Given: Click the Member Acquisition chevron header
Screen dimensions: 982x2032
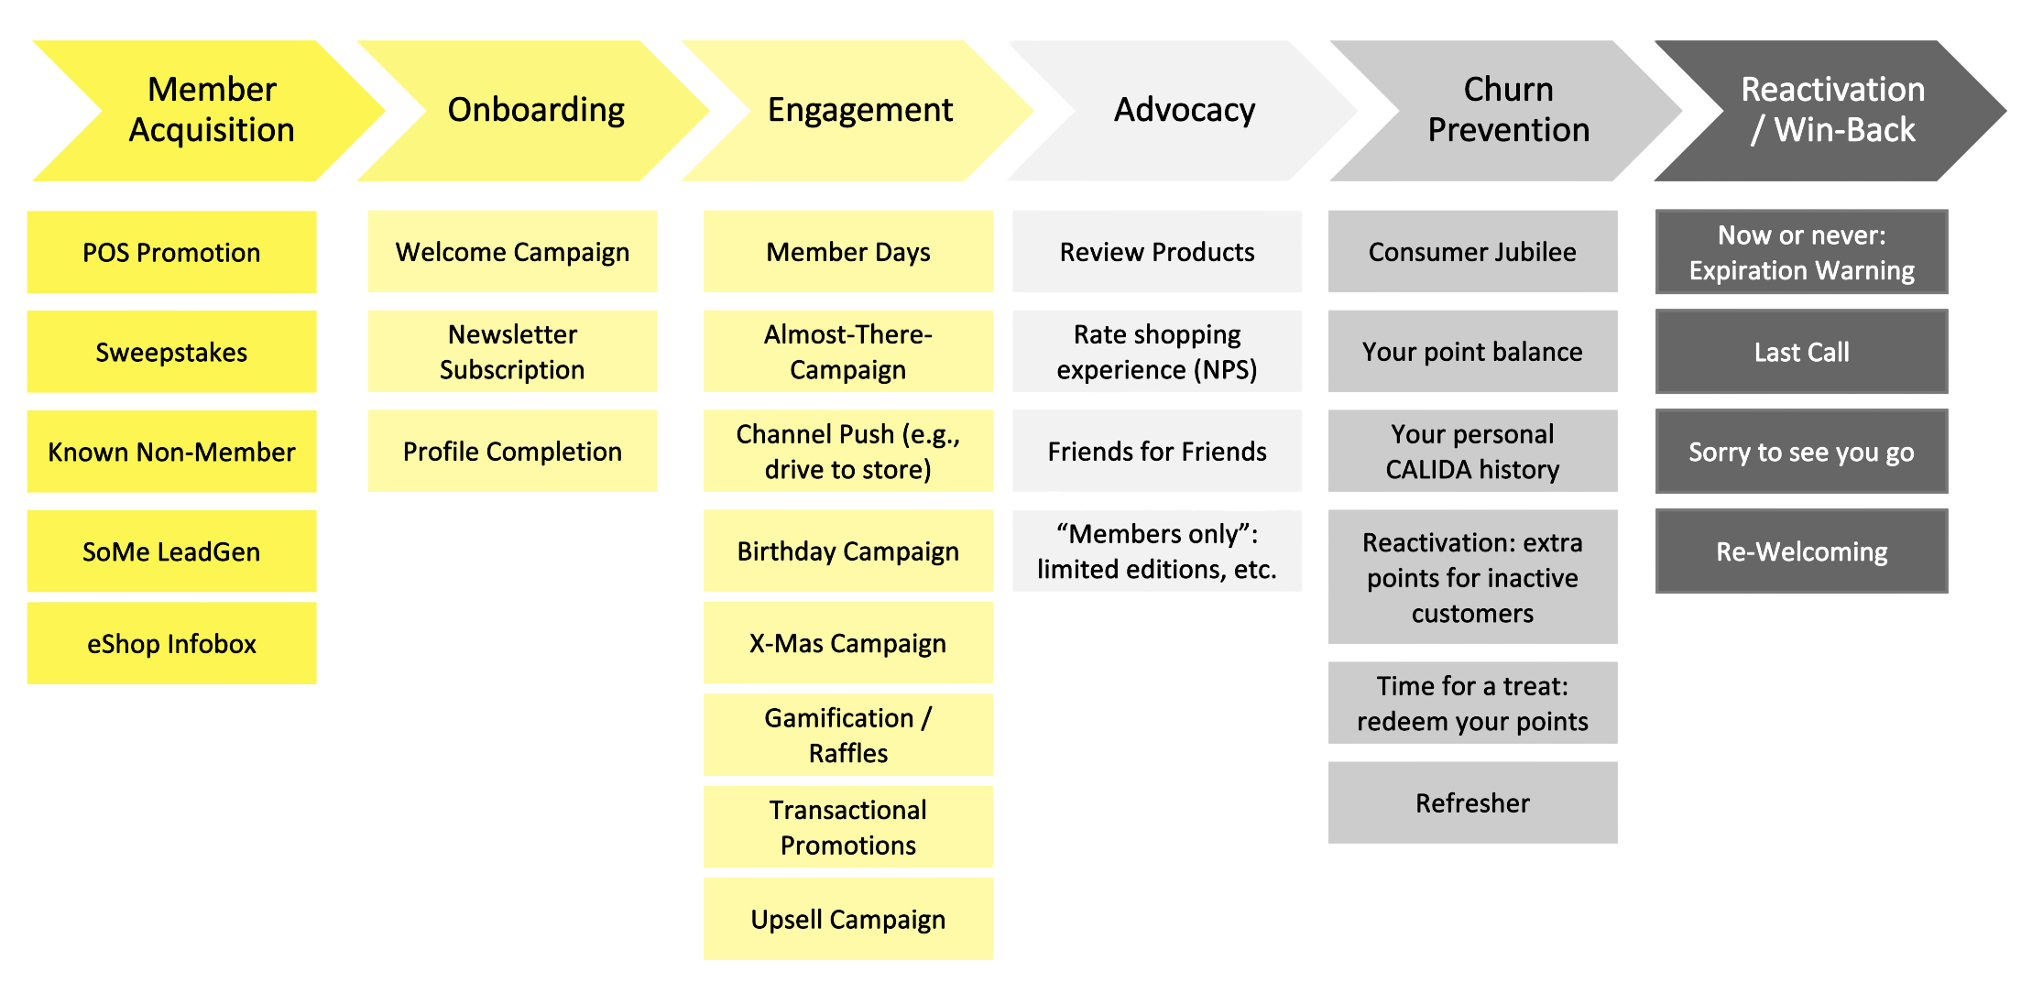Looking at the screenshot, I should click(x=211, y=110).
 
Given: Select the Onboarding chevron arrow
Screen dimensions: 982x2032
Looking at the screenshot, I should click(x=536, y=110).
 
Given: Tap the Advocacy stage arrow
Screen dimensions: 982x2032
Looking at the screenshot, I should click(x=1184, y=110).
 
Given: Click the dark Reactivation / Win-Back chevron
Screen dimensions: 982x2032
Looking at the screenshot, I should click(x=1832, y=110).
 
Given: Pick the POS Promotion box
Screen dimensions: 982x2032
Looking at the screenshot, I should click(x=171, y=252).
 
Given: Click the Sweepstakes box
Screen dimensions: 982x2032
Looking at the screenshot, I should click(x=171, y=352).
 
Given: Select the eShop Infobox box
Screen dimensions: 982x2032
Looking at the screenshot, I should click(x=171, y=643).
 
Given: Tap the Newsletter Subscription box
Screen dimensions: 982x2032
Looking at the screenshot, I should click(x=512, y=352).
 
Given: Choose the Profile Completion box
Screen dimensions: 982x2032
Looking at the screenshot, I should click(x=512, y=452).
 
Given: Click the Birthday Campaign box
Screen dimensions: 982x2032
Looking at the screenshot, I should click(x=847, y=551).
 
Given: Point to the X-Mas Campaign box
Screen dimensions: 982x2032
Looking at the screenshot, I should click(x=847, y=643).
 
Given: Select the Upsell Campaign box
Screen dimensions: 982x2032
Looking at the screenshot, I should click(x=847, y=919).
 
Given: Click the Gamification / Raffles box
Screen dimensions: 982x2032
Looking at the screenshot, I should click(x=847, y=735).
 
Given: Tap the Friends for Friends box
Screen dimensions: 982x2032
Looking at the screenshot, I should click(x=1157, y=452).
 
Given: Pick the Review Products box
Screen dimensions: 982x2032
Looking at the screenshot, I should click(x=1157, y=252).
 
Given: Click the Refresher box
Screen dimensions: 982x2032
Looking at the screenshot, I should click(x=1472, y=802).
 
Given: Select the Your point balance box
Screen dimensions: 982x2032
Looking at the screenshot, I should click(x=1472, y=352).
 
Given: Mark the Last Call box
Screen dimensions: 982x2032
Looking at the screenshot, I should click(x=1801, y=352).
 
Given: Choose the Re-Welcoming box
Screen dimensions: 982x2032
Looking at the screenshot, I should click(x=1801, y=551).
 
